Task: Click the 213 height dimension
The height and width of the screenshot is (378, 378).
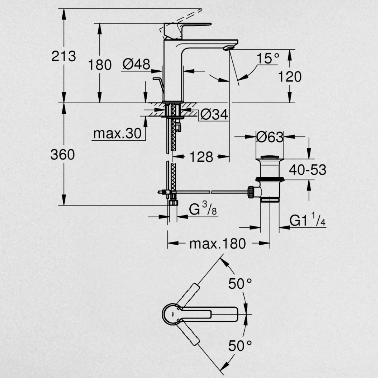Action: [x=64, y=56]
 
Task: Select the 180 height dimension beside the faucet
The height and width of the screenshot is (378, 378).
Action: [x=99, y=65]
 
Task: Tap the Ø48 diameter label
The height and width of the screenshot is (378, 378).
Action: [x=136, y=64]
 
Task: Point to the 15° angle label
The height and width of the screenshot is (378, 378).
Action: [x=268, y=58]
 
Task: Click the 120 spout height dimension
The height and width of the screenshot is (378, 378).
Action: [x=290, y=77]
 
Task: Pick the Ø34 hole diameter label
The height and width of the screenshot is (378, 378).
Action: [x=214, y=114]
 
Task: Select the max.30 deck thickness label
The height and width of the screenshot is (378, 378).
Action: [x=117, y=133]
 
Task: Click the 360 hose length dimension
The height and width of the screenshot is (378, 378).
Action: [x=63, y=154]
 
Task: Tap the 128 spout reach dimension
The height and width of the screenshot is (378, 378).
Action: [x=202, y=157]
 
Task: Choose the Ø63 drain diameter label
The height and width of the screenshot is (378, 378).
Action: [x=269, y=137]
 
